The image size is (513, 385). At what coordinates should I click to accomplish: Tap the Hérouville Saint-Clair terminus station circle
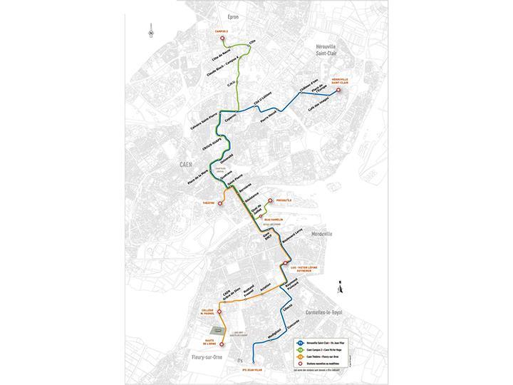[x=339, y=91]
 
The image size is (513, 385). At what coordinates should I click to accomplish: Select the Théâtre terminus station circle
[x=220, y=203]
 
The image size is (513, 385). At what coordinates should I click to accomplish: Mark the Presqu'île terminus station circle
[x=269, y=200]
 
